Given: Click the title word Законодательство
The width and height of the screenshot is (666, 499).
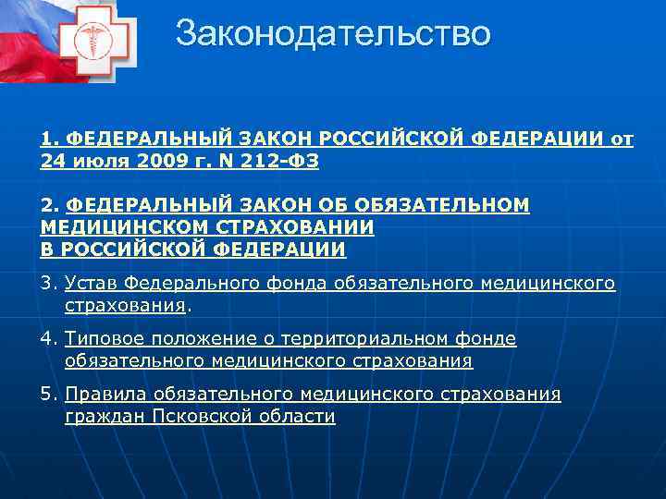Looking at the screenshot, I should click(333, 34).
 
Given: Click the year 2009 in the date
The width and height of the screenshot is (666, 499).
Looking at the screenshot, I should click(156, 161).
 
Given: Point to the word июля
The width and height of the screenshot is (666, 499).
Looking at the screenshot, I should click(100, 161).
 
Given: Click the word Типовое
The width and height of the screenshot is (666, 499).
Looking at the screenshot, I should click(105, 339).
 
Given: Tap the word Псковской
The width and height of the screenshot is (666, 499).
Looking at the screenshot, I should click(195, 417).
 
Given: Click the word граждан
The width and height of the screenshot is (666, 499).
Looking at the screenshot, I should click(99, 417).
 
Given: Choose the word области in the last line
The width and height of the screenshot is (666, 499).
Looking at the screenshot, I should click(293, 417).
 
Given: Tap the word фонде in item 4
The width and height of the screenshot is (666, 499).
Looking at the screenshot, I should click(487, 339).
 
